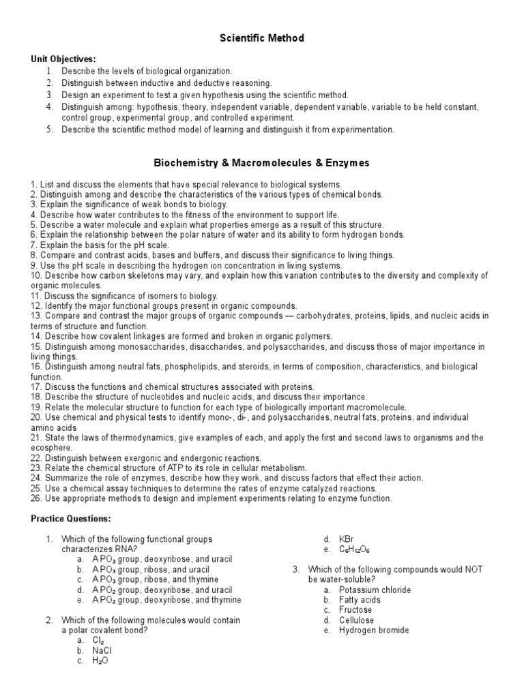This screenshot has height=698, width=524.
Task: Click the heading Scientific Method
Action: pyautogui.click(x=261, y=39)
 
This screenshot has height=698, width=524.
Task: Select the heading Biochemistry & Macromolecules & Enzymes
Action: pyautogui.click(x=261, y=163)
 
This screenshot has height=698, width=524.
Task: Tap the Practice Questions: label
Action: pyautogui.click(x=70, y=519)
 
